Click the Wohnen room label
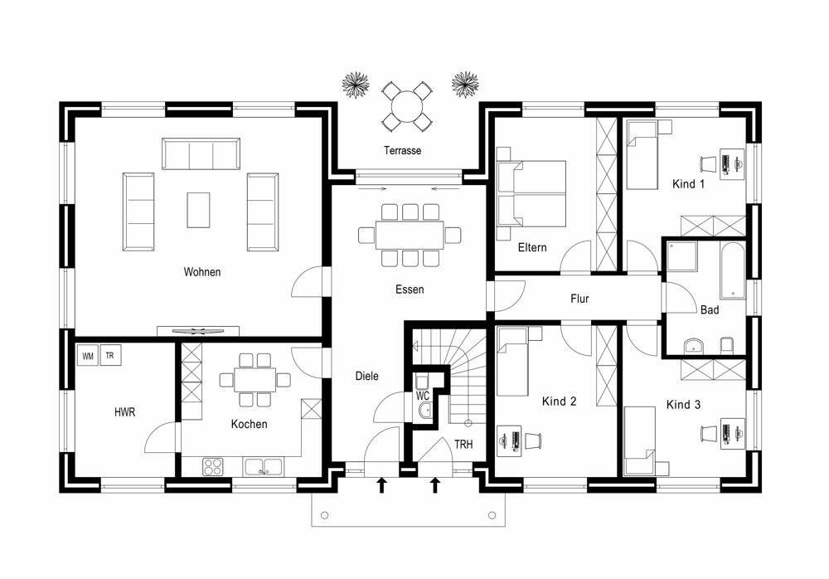pyautogui.click(x=203, y=272)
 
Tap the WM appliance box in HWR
pyautogui.click(x=87, y=357)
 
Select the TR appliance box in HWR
pyautogui.click(x=110, y=357)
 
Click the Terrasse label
pyautogui.click(x=402, y=151)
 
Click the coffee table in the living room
pyautogui.click(x=198, y=209)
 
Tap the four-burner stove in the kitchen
pyautogui.click(x=214, y=467)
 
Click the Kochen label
pyautogui.click(x=250, y=425)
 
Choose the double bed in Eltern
pyautogui.click(x=531, y=192)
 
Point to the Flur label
pyautogui.click(x=579, y=299)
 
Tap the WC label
pyautogui.click(x=423, y=397)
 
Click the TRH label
pyautogui.click(x=463, y=445)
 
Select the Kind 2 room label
pyautogui.click(x=559, y=401)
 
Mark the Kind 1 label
pyautogui.click(x=688, y=184)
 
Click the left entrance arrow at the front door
pyautogui.click(x=382, y=484)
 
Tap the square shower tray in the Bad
pyautogui.click(x=684, y=259)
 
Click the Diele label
pyautogui.click(x=366, y=376)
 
